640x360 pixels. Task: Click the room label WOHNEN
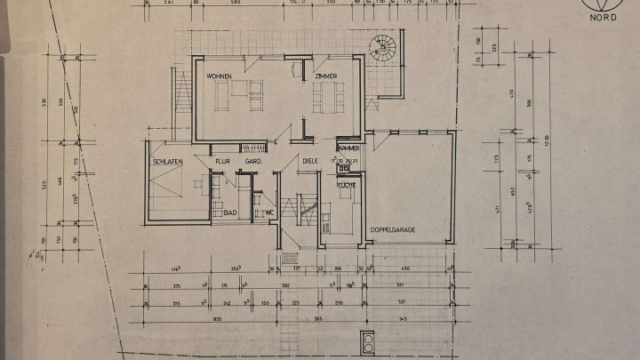[x=220, y=77]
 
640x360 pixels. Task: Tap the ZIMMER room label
[x=326, y=78]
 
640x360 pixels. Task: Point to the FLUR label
[x=221, y=161]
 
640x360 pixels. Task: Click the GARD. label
[x=252, y=161]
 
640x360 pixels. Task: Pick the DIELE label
[x=310, y=161]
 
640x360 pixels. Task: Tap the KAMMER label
[x=348, y=148]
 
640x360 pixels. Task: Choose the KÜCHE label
[x=347, y=184]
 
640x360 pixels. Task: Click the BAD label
[x=229, y=212]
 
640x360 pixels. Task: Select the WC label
[x=268, y=212]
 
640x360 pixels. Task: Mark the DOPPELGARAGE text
[x=394, y=228]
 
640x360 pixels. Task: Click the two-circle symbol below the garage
[x=368, y=342]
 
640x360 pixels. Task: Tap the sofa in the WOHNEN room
[x=240, y=89]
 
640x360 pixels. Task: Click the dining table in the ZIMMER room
[x=326, y=96]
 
